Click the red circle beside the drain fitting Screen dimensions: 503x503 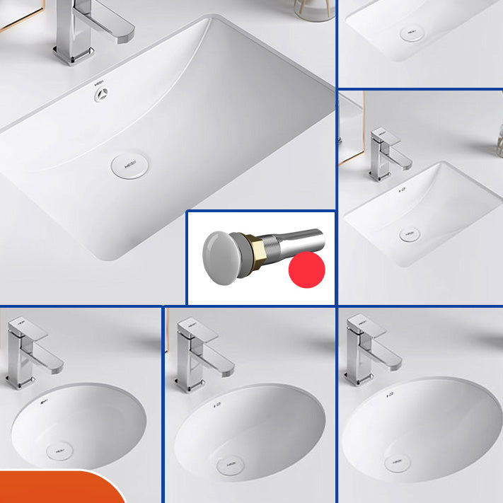coord(306,268)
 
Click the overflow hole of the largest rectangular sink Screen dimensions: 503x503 coord(100,93)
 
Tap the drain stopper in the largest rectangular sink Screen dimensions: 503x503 coord(130,165)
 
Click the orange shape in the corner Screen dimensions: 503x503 coord(57,488)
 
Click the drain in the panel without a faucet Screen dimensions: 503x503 coord(412,33)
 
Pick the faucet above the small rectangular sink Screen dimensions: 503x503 coord(386,152)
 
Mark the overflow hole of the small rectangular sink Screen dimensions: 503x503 coord(400,191)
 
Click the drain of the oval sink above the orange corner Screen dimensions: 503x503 coord(58,451)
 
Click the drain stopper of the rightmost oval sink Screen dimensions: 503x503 coord(398,463)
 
